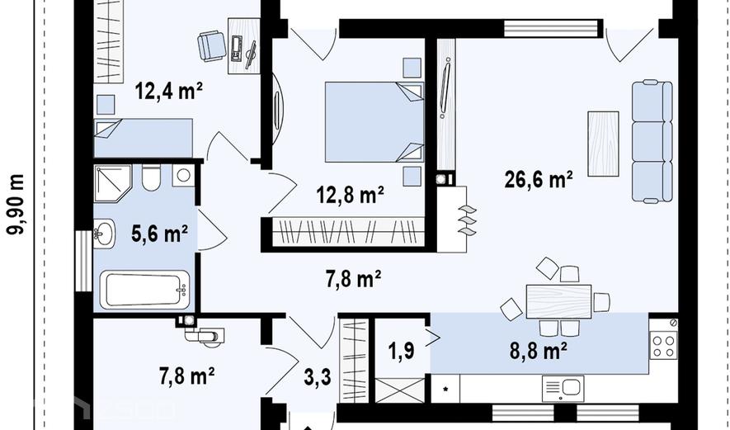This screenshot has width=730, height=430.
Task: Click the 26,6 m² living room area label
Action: coord(539,179)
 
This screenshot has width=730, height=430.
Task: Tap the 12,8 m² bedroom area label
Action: coord(350,195)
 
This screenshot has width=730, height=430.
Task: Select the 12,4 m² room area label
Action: coord(169,91)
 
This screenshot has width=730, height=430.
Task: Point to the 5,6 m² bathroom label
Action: coord(160,234)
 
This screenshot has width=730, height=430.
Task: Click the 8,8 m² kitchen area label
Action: coord(538,352)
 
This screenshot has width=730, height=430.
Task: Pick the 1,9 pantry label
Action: coord(402,350)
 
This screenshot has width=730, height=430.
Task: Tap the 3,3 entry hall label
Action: coord(318,377)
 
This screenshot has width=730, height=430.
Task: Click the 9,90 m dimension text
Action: coord(16,205)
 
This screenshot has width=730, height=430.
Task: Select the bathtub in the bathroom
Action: coord(145,290)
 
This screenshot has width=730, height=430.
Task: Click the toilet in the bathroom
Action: coord(151,177)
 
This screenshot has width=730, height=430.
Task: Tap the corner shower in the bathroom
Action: coord(113,182)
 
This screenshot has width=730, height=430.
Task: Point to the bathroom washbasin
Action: coord(104,234)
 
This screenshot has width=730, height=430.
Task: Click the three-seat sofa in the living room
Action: coord(652,142)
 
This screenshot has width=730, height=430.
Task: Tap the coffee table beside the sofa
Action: coord(603,144)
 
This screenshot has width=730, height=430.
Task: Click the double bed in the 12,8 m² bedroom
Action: coord(374,122)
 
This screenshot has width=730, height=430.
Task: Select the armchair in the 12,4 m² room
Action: coord(212,45)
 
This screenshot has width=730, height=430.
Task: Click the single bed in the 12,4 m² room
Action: coord(144,138)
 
